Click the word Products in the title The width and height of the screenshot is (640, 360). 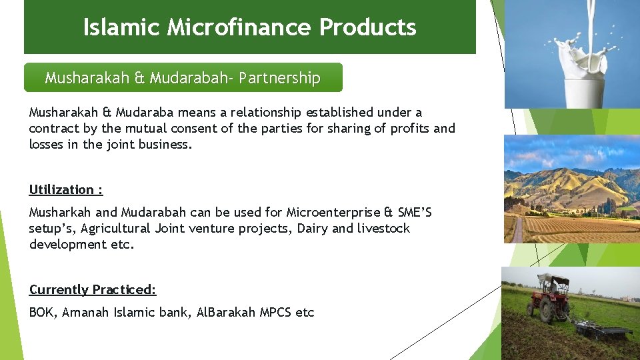tap(367, 27)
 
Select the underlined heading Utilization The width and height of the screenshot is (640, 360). tap(65, 189)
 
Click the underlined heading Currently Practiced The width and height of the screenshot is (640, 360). tap(93, 289)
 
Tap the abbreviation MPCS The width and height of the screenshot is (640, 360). tap(276, 312)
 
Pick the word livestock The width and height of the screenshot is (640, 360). tap(384, 229)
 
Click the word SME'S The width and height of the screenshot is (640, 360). tap(415, 213)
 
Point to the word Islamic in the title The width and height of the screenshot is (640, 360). tap(121, 27)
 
